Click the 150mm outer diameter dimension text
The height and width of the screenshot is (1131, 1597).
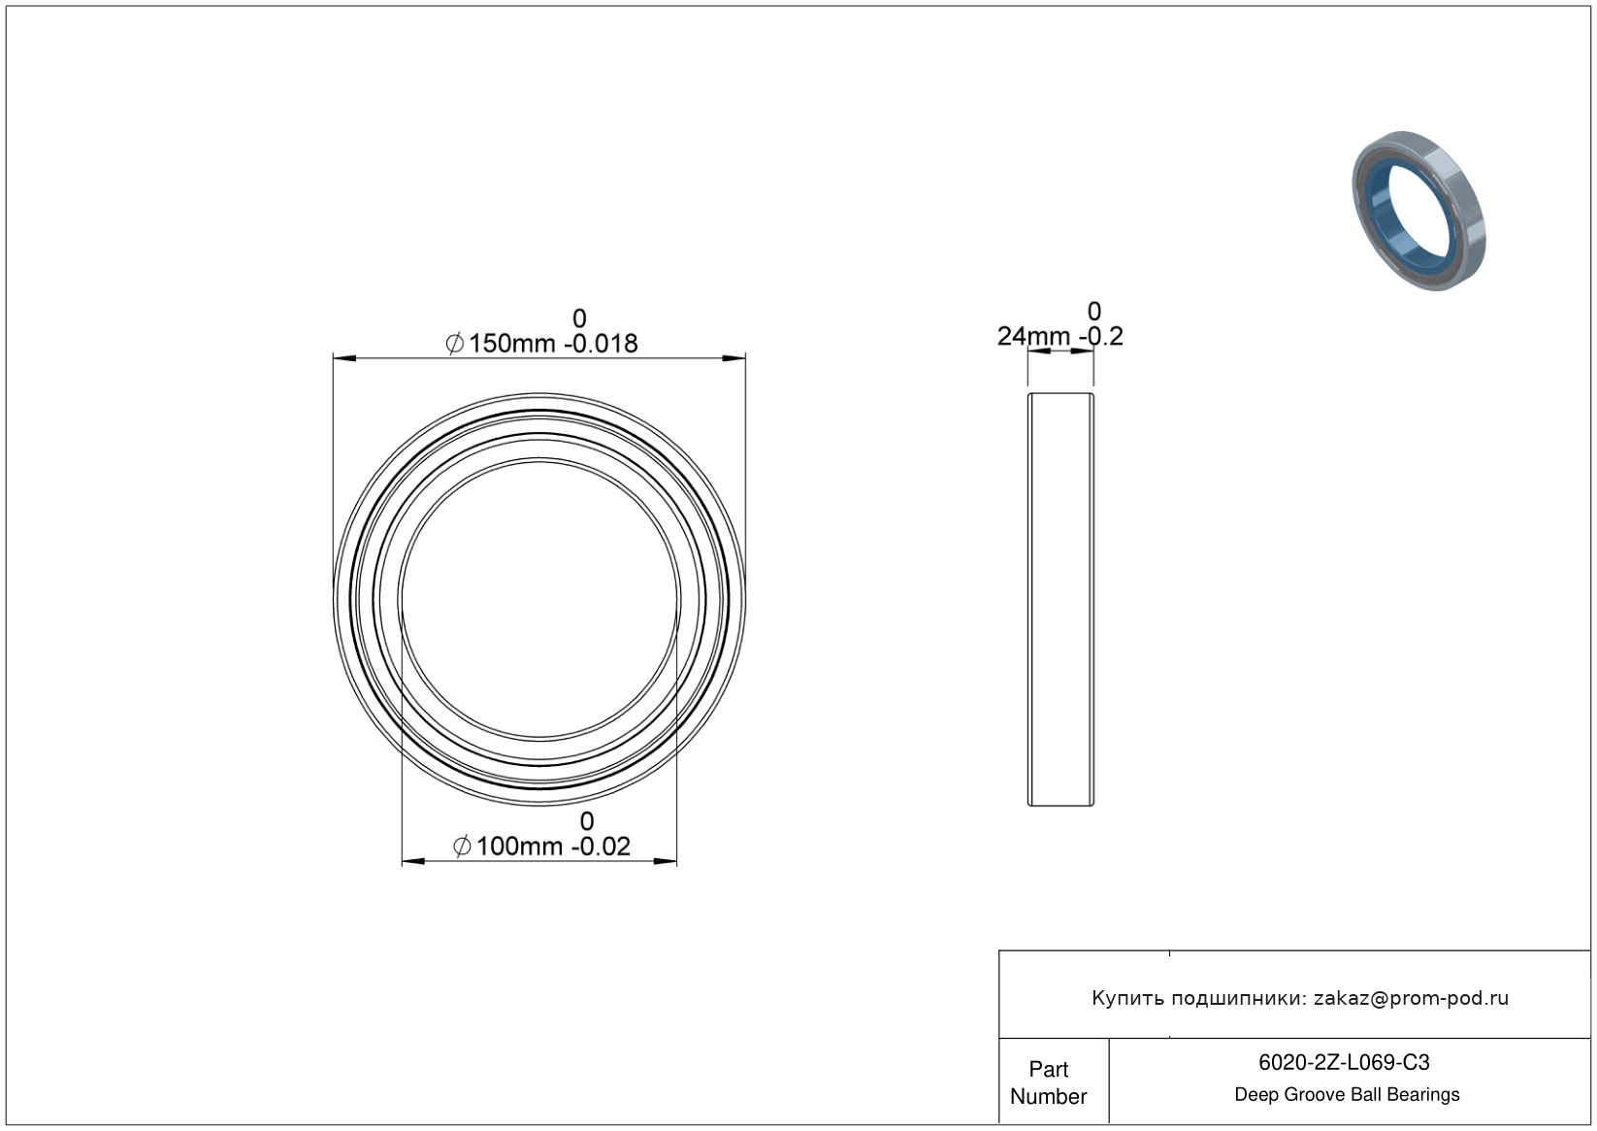511,344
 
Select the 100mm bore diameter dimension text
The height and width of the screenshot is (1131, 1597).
519,847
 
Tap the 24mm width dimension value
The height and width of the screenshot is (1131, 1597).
1033,336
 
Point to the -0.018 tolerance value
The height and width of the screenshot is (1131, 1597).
601,344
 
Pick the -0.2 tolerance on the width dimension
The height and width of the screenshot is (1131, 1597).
1101,336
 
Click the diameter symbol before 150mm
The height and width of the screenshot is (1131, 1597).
455,344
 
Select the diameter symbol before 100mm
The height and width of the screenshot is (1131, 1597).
462,847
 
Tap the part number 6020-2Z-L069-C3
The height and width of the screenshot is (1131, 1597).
1344,1062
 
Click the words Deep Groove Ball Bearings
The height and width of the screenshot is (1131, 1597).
1347,1094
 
